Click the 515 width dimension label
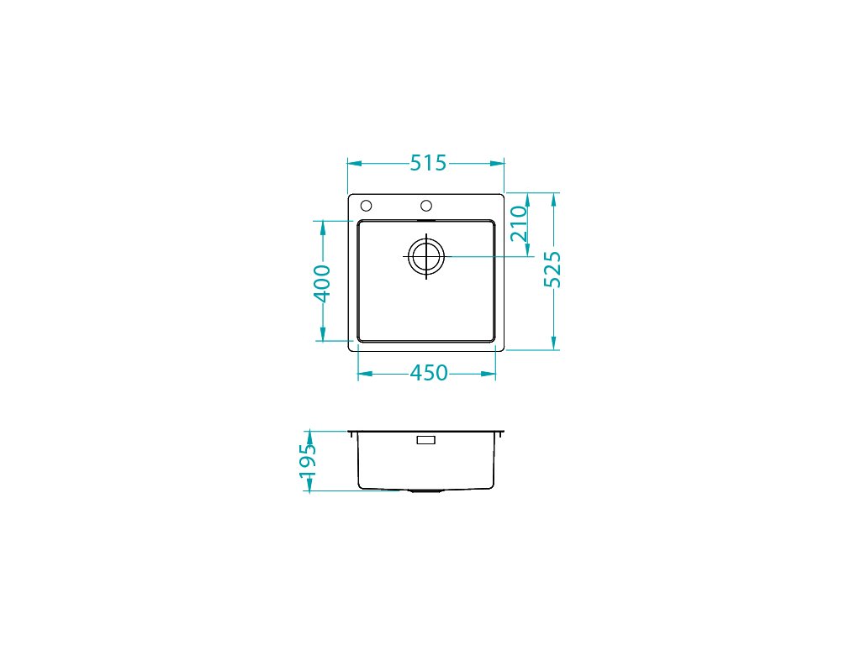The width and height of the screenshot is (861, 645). tap(428, 163)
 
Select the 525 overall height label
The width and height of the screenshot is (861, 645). tap(552, 270)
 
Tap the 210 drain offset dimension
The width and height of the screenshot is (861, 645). tap(519, 223)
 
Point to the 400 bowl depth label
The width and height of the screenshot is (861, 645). tap(322, 283)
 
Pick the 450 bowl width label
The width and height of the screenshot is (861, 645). tap(429, 373)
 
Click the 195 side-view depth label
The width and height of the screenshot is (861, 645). tap(308, 461)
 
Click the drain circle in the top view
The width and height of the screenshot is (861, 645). tap(426, 257)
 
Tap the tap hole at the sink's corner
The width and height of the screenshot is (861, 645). tap(366, 206)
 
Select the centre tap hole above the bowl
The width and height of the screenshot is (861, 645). tap(426, 206)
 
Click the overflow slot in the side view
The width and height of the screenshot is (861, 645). tap(426, 440)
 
